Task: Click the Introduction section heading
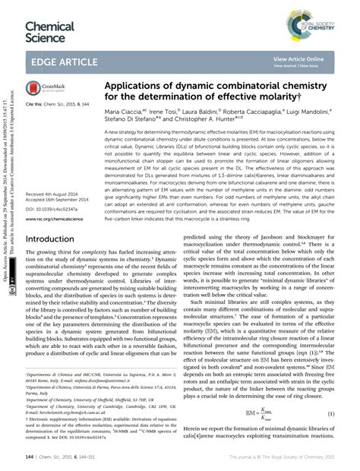pyautogui.click(x=54, y=238)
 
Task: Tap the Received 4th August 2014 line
pyautogui.click(x=55, y=194)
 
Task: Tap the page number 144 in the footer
pyautogui.click(x=31, y=456)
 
